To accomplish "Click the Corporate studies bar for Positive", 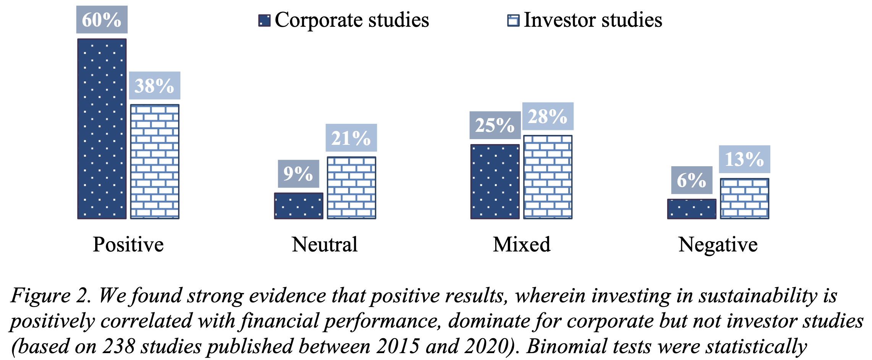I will (x=102, y=129).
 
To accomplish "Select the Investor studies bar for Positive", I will (x=154, y=162).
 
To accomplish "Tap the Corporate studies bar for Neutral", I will (x=298, y=206).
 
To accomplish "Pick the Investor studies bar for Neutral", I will (x=351, y=188).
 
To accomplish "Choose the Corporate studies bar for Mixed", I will (x=495, y=182).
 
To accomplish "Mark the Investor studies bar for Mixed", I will (x=548, y=177).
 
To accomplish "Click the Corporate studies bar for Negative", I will (x=692, y=209).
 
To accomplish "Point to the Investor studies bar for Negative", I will (x=744, y=198).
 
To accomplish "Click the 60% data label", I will (x=102, y=19).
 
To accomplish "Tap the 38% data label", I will (x=154, y=86).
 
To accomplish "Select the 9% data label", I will (x=298, y=174).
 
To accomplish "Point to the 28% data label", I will (x=548, y=116).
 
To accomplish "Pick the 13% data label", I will (x=744, y=159).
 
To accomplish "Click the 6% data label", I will (x=692, y=180).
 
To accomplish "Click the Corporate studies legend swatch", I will (x=264, y=20).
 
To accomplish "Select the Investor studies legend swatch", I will (x=513, y=20).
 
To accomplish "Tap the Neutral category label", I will (x=324, y=245).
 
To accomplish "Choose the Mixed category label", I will (x=522, y=245).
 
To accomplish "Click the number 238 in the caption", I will (x=118, y=346).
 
